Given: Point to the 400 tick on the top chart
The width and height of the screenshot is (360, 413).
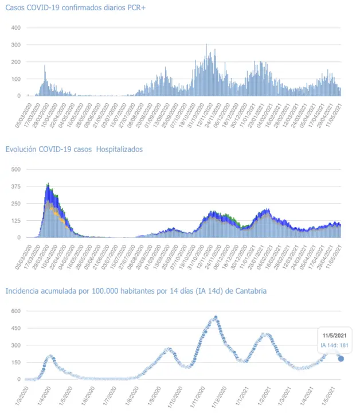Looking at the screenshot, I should (16, 28).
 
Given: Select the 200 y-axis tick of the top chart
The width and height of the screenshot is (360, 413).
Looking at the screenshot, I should (16, 62).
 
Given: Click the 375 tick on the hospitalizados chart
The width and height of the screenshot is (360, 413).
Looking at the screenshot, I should (16, 186).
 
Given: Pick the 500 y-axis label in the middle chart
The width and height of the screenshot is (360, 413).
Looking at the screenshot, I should (16, 169).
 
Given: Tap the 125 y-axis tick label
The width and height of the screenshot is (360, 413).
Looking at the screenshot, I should (16, 220).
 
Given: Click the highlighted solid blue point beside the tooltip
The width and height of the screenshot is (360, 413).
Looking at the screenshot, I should (341, 359).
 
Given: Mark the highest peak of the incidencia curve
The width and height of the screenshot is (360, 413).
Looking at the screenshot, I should (216, 317).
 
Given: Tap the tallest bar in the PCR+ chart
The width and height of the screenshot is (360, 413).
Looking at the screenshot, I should (206, 45).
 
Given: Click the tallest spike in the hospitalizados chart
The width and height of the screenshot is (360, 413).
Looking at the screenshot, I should (48, 184).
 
